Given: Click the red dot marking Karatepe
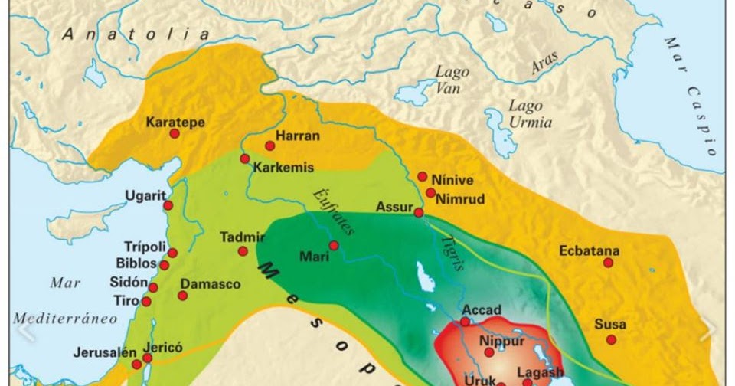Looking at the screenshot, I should tap(174, 133).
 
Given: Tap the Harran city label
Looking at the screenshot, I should tap(299, 136).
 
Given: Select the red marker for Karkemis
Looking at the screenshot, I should tap(245, 159).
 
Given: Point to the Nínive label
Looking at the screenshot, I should tap(452, 180).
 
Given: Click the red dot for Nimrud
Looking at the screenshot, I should tap(431, 193).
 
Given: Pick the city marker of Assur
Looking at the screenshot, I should tap(419, 212).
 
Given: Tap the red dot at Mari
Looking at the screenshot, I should tap(334, 245).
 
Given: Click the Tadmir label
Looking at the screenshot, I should tap(243, 237).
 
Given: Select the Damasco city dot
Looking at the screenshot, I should tap(183, 295).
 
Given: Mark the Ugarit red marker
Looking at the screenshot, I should tap(168, 205).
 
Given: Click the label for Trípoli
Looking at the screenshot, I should tap(145, 247).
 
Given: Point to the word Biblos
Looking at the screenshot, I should tap(136, 262).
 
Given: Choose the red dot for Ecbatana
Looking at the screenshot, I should tap(608, 263).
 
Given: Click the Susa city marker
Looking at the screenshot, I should tap(611, 339).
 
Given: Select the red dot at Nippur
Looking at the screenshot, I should tap(489, 352).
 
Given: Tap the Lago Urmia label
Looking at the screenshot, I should tap(524, 113).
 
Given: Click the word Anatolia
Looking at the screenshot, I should tap(136, 34).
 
